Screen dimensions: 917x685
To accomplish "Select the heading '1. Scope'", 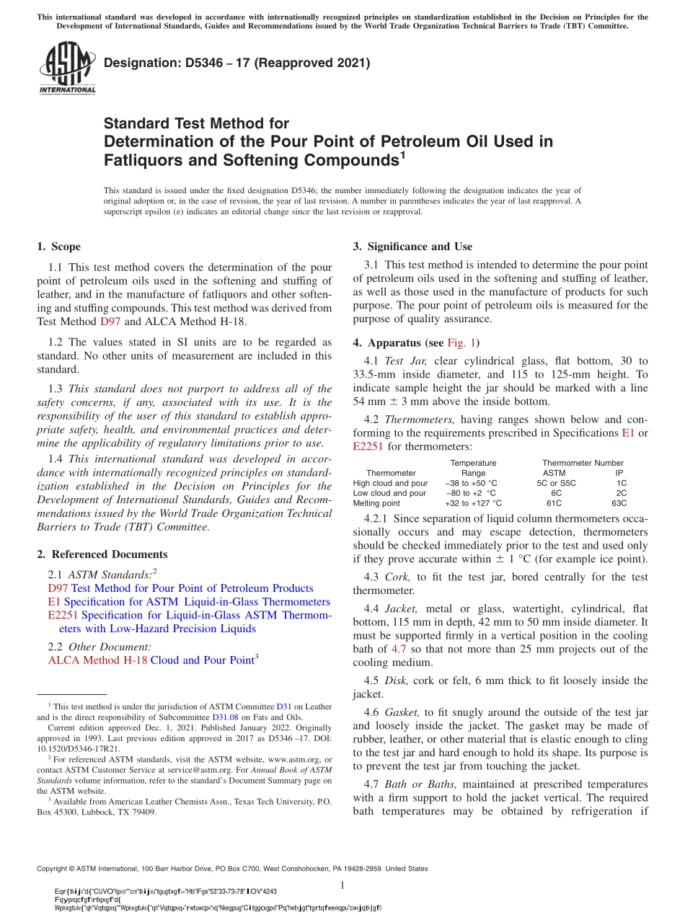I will (58, 247).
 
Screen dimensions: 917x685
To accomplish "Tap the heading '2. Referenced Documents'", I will (102, 554).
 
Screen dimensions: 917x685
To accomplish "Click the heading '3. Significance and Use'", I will (412, 247).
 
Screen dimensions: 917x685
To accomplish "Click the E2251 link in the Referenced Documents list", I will (63, 615).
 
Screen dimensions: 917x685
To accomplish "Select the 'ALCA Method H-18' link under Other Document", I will (97, 660).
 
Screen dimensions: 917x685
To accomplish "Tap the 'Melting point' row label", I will (376, 503).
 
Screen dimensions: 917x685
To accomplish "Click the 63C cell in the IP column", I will (619, 503).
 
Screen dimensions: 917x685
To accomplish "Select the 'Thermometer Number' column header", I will (583, 463).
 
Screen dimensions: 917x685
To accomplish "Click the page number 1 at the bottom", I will (342, 885).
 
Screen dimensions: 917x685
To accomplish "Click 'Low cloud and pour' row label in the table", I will (389, 493).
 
